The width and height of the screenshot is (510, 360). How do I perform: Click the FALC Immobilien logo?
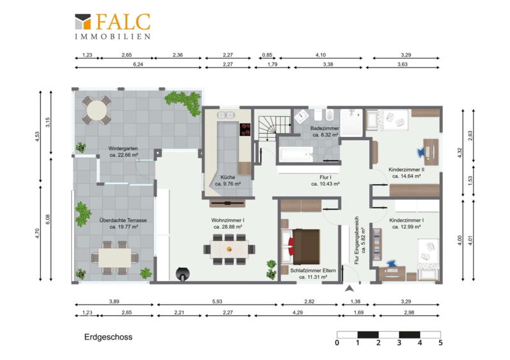[x=113, y=26]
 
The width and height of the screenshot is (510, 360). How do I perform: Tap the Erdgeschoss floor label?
[x=108, y=337]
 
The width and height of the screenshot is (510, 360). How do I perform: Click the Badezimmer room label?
[x=324, y=129]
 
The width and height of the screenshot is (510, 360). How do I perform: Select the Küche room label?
[x=228, y=177]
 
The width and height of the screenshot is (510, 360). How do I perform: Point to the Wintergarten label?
[x=123, y=148]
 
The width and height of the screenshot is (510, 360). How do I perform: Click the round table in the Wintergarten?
[x=97, y=110]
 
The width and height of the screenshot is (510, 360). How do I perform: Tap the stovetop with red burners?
[x=245, y=129]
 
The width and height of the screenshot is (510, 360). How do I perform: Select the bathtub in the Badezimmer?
[x=296, y=154]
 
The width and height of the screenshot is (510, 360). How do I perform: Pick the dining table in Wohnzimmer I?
[x=229, y=249]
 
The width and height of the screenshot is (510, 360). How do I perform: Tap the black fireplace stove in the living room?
[x=183, y=274]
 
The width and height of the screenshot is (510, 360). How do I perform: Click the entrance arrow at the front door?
[x=349, y=289]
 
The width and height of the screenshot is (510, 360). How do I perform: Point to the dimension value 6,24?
[x=138, y=64]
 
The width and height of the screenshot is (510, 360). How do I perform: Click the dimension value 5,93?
[x=217, y=301]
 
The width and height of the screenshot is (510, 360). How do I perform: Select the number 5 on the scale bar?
[x=441, y=343]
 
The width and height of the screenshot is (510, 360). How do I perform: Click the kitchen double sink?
[x=226, y=115]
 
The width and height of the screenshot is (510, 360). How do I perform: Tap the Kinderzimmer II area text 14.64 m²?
[x=407, y=176]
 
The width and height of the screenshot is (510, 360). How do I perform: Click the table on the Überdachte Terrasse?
[x=115, y=258]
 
